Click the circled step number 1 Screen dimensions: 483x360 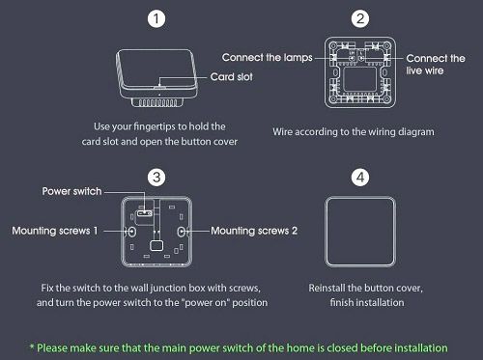coord(156,18)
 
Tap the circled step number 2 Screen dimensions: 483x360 coord(360,18)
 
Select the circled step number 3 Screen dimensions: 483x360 coord(156,178)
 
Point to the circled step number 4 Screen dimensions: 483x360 coord(360,178)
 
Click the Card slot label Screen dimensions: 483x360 coord(231,77)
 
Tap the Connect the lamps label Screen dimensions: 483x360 coord(267,58)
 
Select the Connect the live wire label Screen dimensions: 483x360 coord(436,65)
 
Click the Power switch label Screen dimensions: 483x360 coord(71,191)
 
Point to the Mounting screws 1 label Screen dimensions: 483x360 coord(55,231)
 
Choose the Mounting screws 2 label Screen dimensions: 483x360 coord(254,231)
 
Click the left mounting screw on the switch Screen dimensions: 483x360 coord(132,232)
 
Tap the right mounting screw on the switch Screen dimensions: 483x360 coord(182,232)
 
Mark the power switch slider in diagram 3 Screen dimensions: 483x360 coord(145,213)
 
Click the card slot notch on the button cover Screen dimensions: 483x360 coord(159,87)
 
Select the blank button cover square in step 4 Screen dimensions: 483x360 coord(360,232)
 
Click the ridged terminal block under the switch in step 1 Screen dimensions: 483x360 coord(157,102)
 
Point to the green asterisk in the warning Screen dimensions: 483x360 coord(32,346)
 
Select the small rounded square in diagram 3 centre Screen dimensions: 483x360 coord(156,245)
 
